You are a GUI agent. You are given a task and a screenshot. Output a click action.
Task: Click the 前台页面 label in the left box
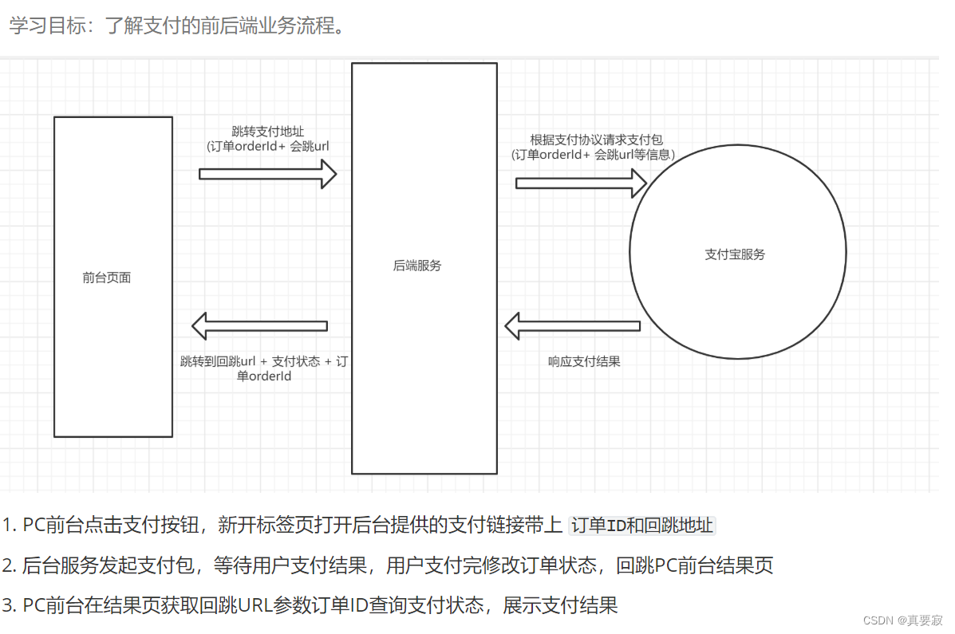pos(106,278)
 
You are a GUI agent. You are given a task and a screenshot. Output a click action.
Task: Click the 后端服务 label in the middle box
pos(417,266)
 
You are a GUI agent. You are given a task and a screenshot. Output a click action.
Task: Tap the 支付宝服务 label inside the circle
pos(735,254)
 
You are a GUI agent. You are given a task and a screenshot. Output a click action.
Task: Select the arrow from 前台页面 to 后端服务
pos(268,173)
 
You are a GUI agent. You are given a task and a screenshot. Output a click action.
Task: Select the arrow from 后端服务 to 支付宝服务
pos(581,183)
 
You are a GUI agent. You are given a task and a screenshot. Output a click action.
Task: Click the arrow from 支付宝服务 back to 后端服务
pos(572,325)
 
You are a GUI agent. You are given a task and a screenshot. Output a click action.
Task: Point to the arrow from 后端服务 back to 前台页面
pos(260,325)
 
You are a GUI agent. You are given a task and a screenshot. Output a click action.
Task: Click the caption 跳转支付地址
pos(268,131)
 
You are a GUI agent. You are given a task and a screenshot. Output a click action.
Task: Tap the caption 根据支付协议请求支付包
pos(596,140)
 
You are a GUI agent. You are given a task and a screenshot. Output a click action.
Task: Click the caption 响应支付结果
pos(584,361)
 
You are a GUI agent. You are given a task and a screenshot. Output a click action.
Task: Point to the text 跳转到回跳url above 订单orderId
pos(219,361)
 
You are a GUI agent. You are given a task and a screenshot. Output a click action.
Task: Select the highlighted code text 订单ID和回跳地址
pos(642,526)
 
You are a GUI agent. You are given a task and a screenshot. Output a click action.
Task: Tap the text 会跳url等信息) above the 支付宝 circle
pos(635,155)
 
